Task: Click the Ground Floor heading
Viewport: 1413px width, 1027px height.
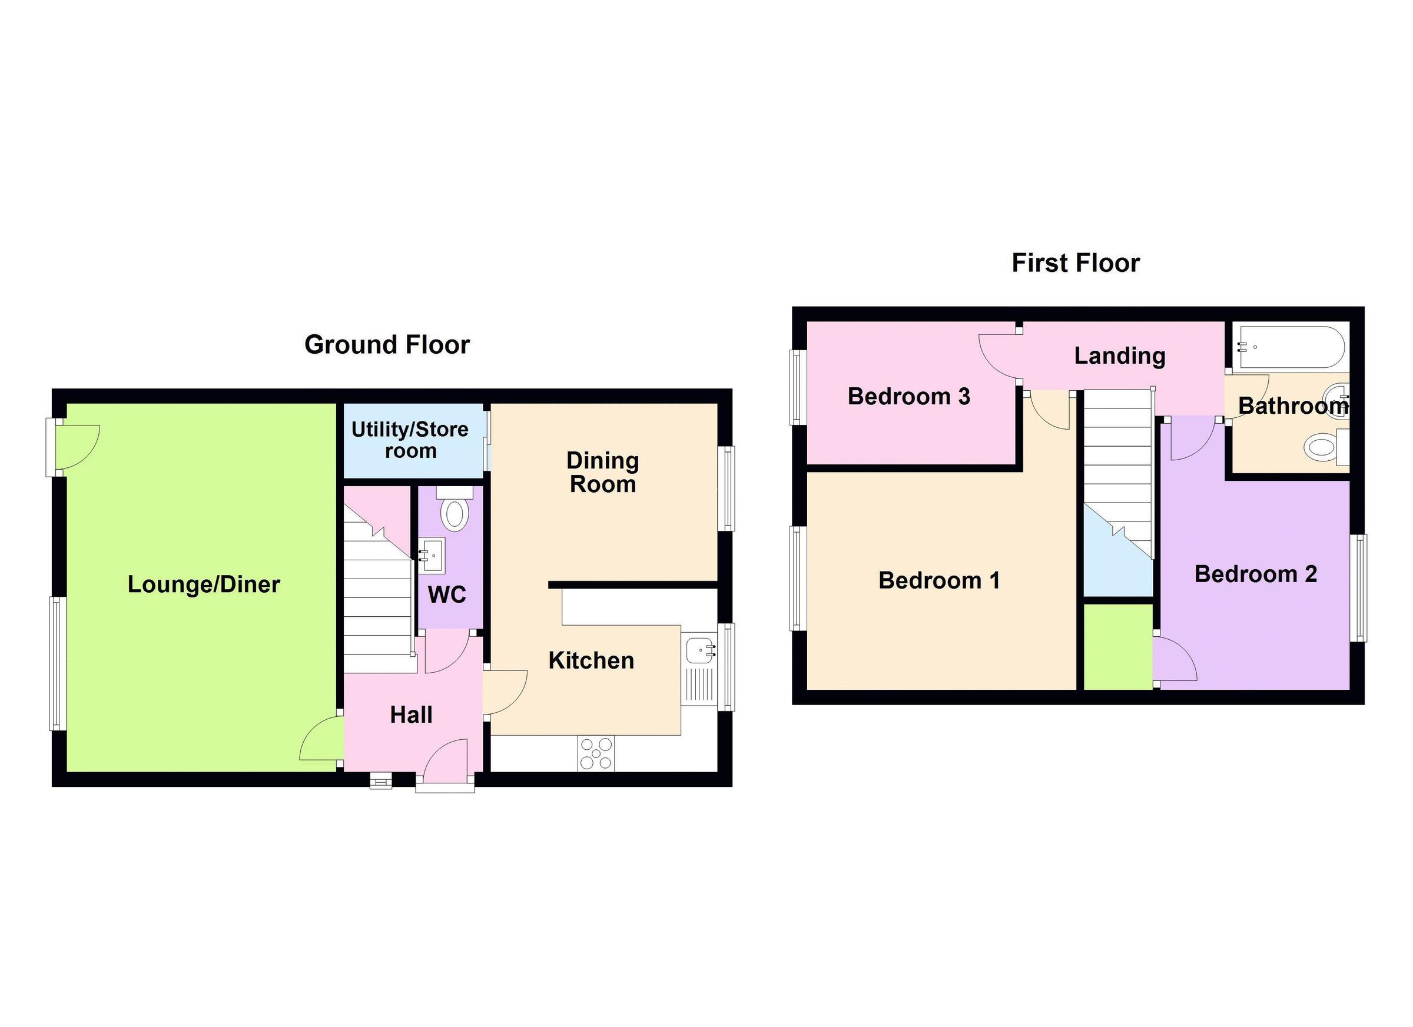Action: click(387, 344)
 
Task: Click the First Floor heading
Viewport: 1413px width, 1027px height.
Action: click(1075, 263)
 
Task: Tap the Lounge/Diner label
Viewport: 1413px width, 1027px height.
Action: click(204, 584)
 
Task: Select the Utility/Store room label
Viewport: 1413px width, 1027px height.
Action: click(410, 440)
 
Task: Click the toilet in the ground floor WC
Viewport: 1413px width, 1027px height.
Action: click(455, 513)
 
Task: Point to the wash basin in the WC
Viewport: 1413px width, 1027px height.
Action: click(431, 553)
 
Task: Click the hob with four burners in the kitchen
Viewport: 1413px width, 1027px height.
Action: click(596, 753)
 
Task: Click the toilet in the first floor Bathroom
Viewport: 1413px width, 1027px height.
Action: click(1319, 447)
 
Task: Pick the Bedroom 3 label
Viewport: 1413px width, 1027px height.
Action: click(909, 396)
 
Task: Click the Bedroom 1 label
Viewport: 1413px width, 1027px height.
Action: click(939, 580)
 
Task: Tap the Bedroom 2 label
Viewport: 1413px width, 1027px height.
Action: click(1255, 574)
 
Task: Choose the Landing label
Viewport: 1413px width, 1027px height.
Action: click(1120, 355)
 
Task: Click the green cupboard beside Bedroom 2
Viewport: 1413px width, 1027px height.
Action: click(1117, 646)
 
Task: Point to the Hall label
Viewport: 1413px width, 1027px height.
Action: click(411, 715)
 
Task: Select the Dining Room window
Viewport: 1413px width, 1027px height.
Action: click(726, 489)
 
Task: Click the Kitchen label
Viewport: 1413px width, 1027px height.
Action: click(591, 660)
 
